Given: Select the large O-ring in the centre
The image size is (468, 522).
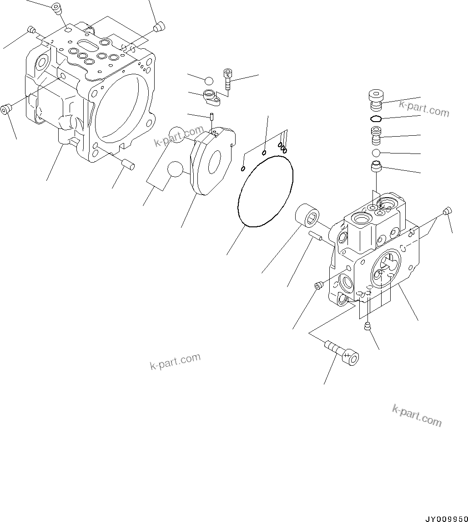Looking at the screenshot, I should coord(265,190).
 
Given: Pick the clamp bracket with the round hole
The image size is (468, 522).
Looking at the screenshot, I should coord(212,97).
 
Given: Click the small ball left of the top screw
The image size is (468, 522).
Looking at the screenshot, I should coord(208,81).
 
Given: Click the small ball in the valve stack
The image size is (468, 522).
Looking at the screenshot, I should coord(377,153).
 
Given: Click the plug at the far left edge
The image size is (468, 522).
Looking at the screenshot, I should coord(6,110).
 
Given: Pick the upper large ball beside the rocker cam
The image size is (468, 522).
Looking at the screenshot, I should coord(176,135).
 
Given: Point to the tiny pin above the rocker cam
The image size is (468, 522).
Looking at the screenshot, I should coord(212,118).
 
